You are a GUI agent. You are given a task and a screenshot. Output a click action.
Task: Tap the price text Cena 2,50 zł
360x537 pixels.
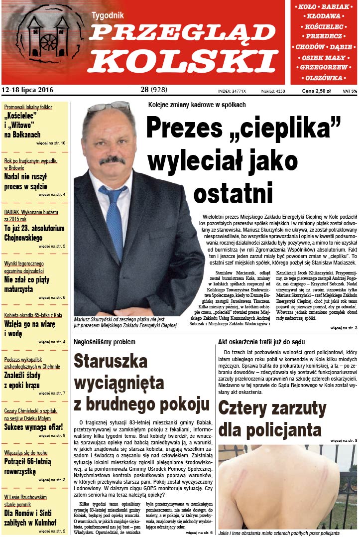point(317,91)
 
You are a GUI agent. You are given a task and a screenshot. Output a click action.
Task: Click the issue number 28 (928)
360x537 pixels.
point(154,90)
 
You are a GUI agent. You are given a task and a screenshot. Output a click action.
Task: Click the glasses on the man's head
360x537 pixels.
point(109,107)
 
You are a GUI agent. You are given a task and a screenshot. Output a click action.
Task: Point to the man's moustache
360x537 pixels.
point(112,160)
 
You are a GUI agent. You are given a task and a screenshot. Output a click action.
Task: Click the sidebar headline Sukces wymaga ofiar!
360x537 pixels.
point(34,427)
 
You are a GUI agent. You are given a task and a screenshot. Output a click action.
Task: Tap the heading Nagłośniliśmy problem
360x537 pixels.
point(104,342)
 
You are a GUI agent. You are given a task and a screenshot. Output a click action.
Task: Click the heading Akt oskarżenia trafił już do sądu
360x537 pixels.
point(261,342)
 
